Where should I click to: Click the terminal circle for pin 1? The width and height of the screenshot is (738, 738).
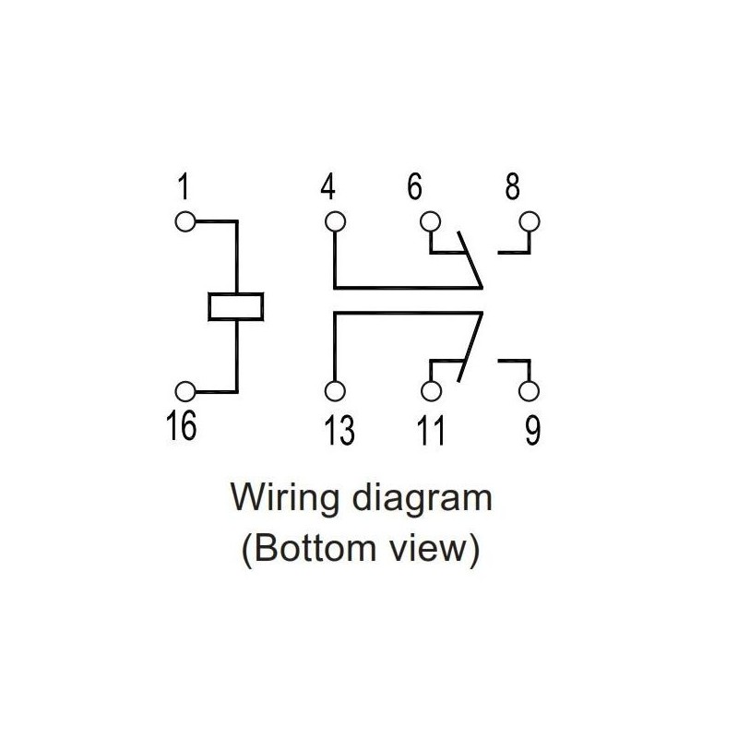coord(186,222)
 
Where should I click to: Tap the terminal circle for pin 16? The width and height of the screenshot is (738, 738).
coord(186,390)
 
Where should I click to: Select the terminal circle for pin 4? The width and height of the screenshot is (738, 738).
coord(334,222)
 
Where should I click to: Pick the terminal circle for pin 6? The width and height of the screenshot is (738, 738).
coord(430,222)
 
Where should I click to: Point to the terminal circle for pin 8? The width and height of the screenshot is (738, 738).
coord(529,222)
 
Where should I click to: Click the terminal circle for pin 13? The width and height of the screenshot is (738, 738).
coord(334,390)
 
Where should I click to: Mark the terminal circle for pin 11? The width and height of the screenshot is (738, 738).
coord(431,390)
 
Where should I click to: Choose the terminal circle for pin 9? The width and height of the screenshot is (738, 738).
coord(529,390)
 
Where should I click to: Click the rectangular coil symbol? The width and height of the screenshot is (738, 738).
coord(236,306)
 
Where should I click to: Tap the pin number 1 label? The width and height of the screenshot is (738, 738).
coord(184,188)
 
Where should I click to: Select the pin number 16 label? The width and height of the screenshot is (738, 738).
coord(183,426)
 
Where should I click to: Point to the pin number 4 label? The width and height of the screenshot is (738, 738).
coord(328,188)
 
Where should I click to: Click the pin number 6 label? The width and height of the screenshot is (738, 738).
coord(414,188)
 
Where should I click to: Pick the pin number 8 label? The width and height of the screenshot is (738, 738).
coord(512,188)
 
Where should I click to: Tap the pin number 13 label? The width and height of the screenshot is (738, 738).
coord(339,430)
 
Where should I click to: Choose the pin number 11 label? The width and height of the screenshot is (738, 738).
coord(428,430)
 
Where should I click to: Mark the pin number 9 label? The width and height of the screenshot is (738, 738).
coord(533,430)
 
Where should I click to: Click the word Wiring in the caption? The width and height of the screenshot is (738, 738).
coord(287,499)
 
